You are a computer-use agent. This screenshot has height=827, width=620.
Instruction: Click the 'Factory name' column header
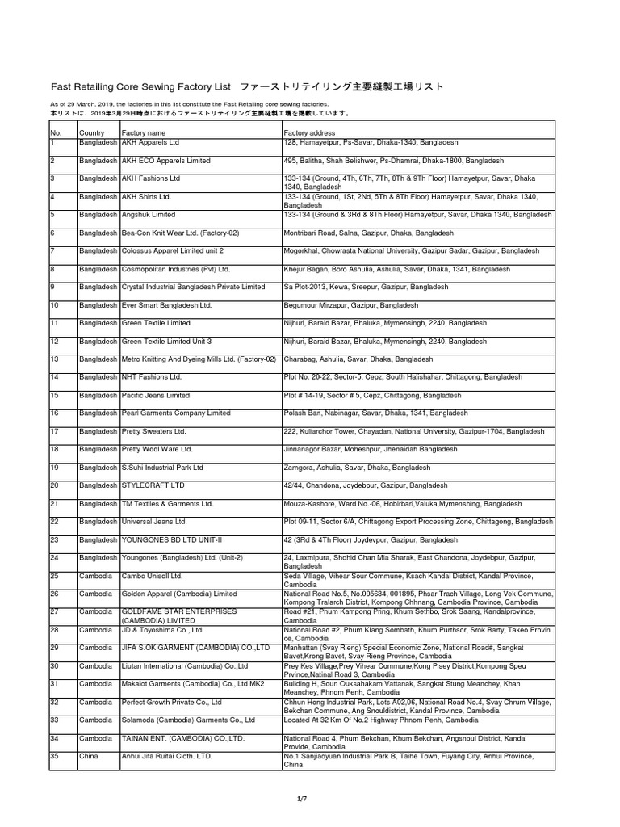tap(143, 132)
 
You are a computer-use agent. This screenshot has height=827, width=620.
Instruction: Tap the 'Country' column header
tap(91, 132)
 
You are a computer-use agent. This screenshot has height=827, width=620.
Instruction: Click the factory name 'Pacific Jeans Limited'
tap(156, 396)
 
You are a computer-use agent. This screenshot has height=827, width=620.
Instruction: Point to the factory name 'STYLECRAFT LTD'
tap(153, 485)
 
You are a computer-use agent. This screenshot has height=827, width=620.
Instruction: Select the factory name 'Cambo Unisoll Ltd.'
tap(152, 576)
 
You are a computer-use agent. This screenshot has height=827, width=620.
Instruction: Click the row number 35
tap(55, 756)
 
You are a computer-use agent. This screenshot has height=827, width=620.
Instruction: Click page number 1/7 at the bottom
tap(302, 799)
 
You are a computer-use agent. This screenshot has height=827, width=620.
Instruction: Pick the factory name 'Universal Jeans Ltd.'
tap(154, 522)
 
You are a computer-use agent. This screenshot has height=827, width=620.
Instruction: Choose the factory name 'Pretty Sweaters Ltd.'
tap(154, 432)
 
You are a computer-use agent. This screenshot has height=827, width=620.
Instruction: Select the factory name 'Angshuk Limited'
tap(148, 216)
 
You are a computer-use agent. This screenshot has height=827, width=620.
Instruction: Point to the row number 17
tap(55, 432)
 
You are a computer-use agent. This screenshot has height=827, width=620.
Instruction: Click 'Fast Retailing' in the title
tap(85, 86)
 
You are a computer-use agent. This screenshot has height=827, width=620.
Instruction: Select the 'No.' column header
tap(57, 132)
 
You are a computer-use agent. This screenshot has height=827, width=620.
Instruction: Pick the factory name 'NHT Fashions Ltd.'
tap(151, 377)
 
